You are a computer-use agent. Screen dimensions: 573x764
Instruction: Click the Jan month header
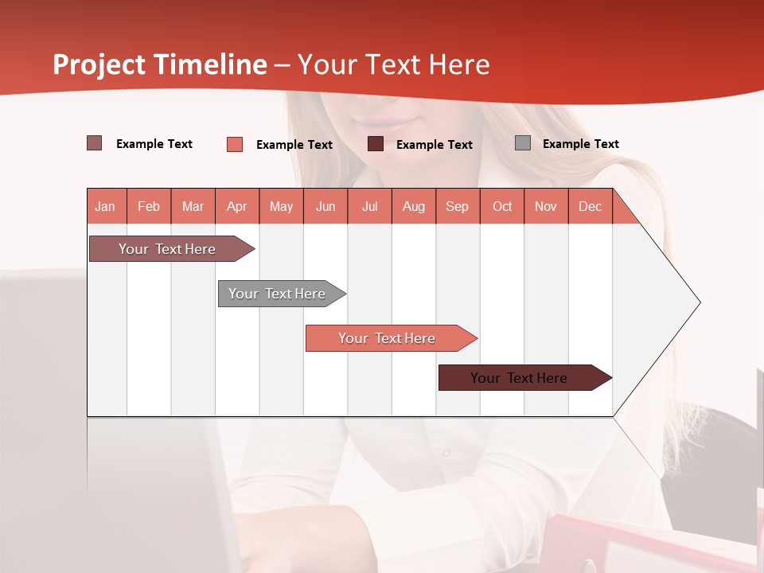coord(105,206)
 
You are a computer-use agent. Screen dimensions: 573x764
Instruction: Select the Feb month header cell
coord(149,206)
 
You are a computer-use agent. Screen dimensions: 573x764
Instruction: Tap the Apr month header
coord(236,206)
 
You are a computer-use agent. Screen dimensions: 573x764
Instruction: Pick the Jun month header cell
coord(325,206)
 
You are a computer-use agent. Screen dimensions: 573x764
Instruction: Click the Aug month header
coord(414,206)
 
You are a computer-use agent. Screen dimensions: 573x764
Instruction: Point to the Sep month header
coord(457,206)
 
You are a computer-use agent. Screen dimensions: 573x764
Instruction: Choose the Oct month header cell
coord(502,206)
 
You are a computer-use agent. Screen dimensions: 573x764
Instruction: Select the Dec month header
coord(590,206)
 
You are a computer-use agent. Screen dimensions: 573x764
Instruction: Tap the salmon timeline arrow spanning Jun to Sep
coord(388,338)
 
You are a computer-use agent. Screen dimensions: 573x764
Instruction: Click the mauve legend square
coord(95,143)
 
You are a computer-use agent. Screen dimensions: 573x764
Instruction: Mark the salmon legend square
coord(235,144)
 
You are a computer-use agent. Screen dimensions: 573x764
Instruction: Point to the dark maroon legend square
coord(376,144)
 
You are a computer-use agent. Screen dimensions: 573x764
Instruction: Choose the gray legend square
coord(523,143)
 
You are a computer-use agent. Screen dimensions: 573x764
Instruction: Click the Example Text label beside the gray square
coord(580,144)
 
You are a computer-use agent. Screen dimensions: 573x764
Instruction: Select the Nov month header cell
coord(546,206)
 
